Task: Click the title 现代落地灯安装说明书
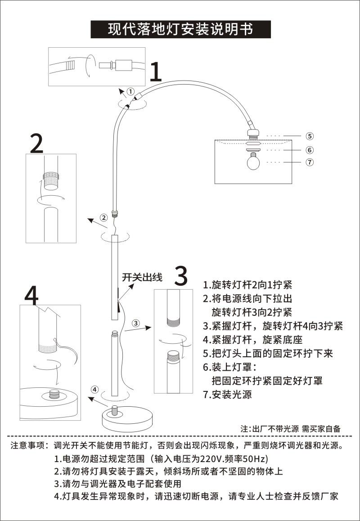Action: coord(180,29)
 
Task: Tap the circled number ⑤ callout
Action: coord(310,136)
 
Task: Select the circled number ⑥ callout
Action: coord(310,150)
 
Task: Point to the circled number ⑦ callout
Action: coord(310,162)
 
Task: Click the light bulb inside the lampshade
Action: coord(254,161)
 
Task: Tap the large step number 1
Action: coord(156,72)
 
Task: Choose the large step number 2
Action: coord(37,144)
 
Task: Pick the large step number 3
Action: coord(180,276)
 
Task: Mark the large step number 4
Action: coord(31,296)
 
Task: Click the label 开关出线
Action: coord(142,277)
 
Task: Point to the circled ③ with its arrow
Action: coord(136,323)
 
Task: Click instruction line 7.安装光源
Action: coord(227,395)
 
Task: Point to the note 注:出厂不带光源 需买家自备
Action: coord(291,428)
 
